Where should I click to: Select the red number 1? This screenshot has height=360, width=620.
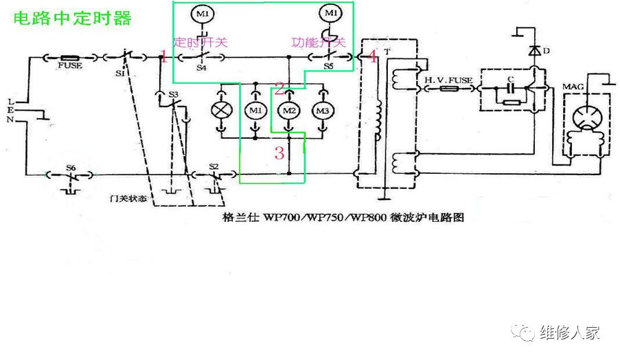pyautogui.click(x=163, y=57)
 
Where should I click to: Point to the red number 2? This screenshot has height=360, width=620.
pyautogui.click(x=279, y=88)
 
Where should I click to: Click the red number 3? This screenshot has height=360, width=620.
pyautogui.click(x=279, y=153)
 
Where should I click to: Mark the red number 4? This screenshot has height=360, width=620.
pyautogui.click(x=372, y=57)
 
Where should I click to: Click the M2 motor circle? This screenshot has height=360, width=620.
pyautogui.click(x=288, y=110)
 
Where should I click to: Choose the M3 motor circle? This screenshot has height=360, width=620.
pyautogui.click(x=322, y=110)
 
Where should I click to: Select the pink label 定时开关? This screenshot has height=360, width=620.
pyautogui.click(x=200, y=42)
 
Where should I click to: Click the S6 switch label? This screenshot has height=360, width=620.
pyautogui.click(x=71, y=167)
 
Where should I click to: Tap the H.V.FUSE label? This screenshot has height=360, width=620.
pyautogui.click(x=448, y=80)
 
